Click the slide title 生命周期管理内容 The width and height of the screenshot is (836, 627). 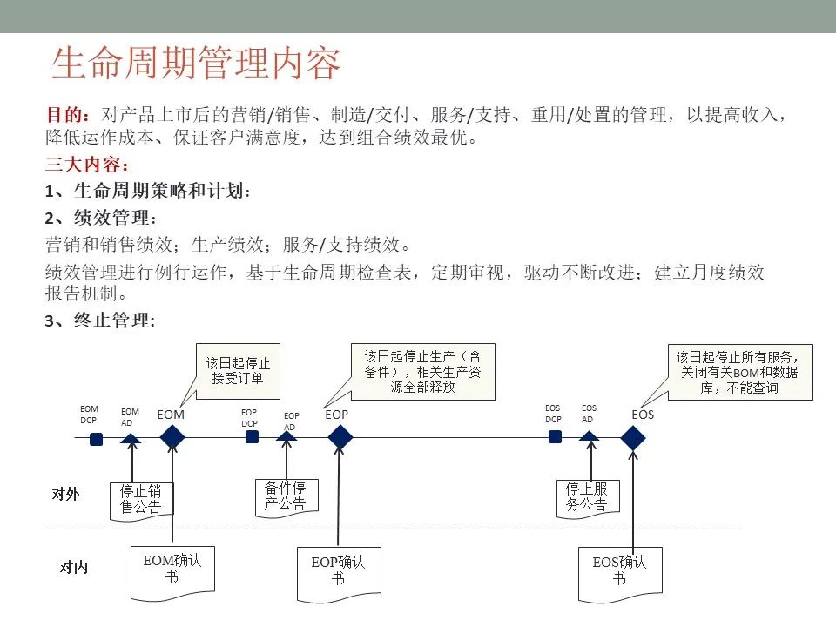[196, 63]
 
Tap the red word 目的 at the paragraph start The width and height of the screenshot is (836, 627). [64, 115]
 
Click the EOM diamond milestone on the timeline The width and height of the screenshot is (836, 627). [172, 438]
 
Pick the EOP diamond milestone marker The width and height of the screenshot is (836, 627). [340, 438]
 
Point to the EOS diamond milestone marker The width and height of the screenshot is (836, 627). [633, 438]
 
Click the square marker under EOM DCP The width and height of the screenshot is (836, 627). [96, 439]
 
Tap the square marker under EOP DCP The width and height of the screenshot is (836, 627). [252, 436]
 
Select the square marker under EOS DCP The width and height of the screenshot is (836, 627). [555, 436]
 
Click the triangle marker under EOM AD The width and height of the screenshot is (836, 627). [131, 439]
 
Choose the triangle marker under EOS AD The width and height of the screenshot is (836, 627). [590, 436]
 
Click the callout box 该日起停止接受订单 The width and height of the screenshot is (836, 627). [238, 371]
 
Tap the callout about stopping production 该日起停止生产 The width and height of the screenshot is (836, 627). [423, 372]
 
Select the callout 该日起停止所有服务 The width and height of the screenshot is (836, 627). [740, 372]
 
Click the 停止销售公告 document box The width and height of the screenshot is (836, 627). [141, 500]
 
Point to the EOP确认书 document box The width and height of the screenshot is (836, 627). [339, 573]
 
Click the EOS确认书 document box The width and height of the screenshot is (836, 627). [620, 574]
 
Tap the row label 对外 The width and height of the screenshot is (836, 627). [65, 495]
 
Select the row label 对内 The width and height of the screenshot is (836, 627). [73, 567]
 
